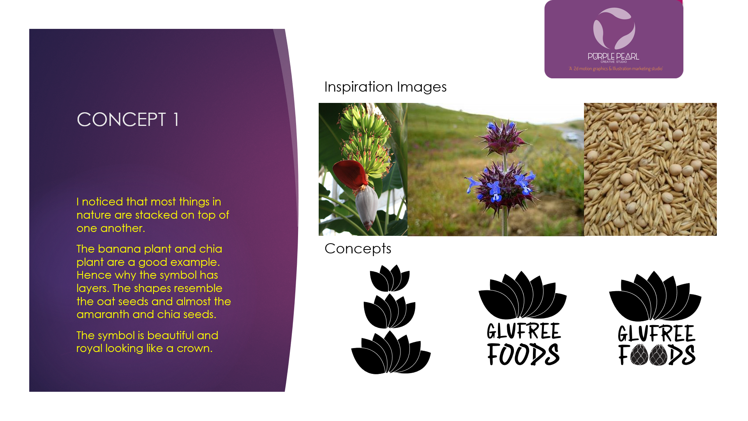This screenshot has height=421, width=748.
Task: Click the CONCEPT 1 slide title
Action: pos(128,119)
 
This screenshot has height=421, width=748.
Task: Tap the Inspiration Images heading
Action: pos(385,87)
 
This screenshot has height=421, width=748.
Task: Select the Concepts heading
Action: pos(358,249)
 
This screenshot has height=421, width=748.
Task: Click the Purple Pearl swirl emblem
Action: pos(614,28)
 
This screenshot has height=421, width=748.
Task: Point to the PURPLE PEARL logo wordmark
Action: pos(614,57)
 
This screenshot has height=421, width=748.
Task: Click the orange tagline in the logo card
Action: pos(616,69)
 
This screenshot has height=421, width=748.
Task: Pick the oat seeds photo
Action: pos(650,169)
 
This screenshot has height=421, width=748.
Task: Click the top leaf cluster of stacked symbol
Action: pos(390,278)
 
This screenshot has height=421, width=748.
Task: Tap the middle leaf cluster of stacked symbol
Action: pos(390,311)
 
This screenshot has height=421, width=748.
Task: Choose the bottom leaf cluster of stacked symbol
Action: pos(391,352)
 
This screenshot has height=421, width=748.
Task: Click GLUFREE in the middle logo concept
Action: pos(524,331)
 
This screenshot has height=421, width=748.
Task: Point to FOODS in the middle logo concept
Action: pos(523,354)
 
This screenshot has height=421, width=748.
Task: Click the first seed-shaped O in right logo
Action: pos(639,355)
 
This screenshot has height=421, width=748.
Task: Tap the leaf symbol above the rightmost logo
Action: pos(655,296)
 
